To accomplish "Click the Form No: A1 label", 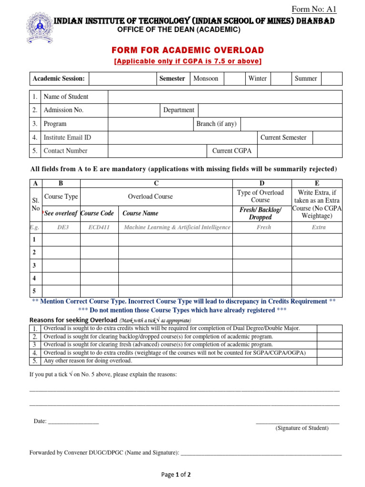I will pos(314,9).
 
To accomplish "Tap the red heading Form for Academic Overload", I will pos(188,50).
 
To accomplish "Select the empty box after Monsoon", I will pos(234,78).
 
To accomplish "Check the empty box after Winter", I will pos(281,78).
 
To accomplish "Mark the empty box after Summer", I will pos(331,78).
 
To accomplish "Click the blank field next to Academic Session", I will pos(123,78).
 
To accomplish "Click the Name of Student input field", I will pos(225,97).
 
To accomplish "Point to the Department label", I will pos(179,110).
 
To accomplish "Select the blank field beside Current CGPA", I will pos(299,151).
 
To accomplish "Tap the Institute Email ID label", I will pos(67,137).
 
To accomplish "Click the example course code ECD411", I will pos(99,227).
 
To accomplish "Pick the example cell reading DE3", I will pos(63,227).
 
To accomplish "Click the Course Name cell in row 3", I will pos(175,265).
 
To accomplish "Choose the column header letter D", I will pos(261,183).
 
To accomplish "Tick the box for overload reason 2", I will pos(330,337).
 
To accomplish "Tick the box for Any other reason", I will pos(330,361).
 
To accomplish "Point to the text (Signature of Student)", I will pos(302,428).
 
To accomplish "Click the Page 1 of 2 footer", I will pos(176,474).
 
